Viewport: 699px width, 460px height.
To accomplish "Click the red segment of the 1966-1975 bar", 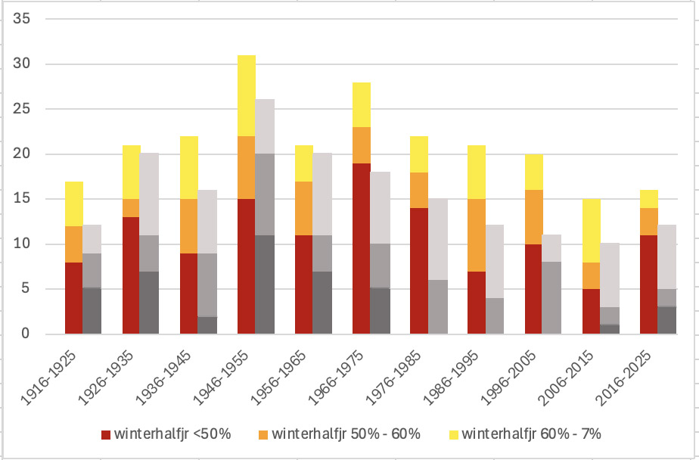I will (x=362, y=248).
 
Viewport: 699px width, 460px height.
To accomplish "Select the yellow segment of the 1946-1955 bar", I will (x=247, y=95).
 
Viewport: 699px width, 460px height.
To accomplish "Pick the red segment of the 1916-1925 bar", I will (x=74, y=298).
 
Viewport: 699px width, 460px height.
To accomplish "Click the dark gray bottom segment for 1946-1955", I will (x=265, y=284).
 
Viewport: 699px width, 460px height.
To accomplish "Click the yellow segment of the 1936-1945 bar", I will (x=189, y=167).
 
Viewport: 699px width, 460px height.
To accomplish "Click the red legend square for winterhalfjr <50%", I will (x=106, y=435).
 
